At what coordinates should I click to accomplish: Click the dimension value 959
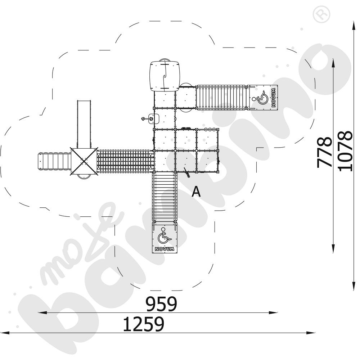pos(161,304)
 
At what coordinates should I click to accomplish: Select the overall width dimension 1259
pos(144,324)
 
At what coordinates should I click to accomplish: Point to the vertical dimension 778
pos(325,152)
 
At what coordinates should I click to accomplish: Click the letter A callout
pos(196,192)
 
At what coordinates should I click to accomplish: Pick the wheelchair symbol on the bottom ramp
pos(164,236)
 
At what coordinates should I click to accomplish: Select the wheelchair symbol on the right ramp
pos(263,96)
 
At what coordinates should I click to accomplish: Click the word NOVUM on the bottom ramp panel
pos(164,249)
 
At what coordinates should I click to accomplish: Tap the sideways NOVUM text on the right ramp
pos(274,97)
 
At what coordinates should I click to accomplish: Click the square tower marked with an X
pos(84,161)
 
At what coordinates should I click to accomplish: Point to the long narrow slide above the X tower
pos(84,124)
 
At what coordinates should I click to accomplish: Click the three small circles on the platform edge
pos(210,129)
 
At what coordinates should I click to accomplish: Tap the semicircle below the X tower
pos(84,176)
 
